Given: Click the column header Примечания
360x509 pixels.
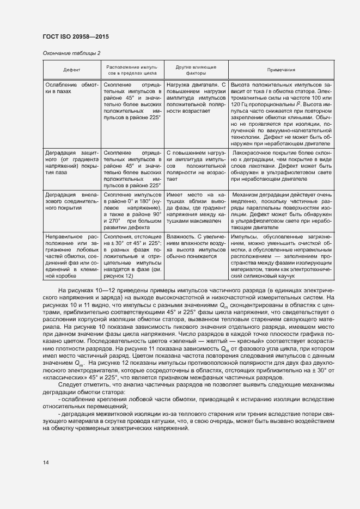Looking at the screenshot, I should (x=281, y=70).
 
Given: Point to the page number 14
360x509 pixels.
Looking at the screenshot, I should (x=46, y=462).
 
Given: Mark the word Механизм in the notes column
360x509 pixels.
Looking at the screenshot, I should (x=248, y=194).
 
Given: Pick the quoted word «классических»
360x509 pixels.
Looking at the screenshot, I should (x=62, y=378).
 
